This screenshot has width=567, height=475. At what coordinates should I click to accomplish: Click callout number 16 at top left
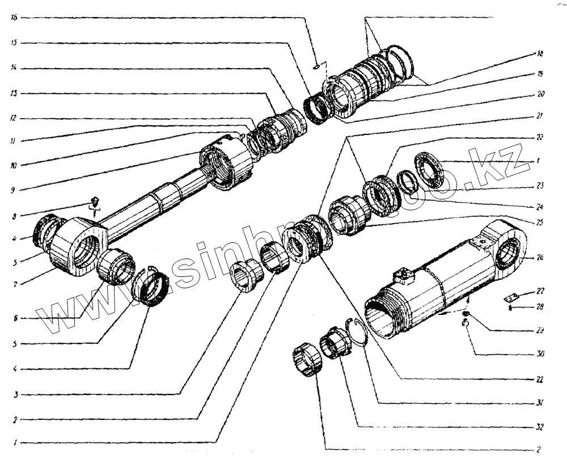point(14,18)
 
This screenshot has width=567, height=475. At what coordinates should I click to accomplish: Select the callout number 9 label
point(14,191)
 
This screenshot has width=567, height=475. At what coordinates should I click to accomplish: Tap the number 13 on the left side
point(14,93)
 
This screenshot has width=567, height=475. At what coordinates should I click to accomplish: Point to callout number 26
point(540,257)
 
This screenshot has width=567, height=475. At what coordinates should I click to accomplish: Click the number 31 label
point(540,403)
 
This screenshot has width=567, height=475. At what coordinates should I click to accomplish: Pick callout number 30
point(540,354)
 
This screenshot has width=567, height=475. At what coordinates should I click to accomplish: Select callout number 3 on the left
point(14,394)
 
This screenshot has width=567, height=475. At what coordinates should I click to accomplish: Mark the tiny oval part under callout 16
point(316,67)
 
